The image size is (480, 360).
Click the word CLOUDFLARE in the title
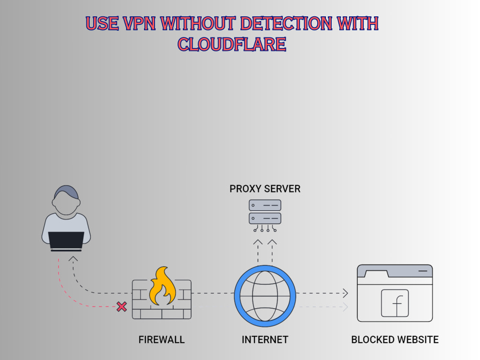pyautogui.click(x=232, y=44)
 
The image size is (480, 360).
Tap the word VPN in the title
pyautogui.click(x=139, y=23)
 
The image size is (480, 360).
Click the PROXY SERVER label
pyautogui.click(x=265, y=189)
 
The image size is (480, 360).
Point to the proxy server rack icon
pyautogui.click(x=265, y=212)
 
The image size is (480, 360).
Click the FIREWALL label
pyautogui.click(x=162, y=340)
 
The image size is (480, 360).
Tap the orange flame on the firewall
pyautogui.click(x=162, y=288)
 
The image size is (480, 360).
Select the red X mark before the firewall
pyautogui.click(x=122, y=306)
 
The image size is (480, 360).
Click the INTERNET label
pyautogui.click(x=265, y=340)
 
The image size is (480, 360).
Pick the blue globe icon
pyautogui.click(x=265, y=293)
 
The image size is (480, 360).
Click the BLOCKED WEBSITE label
pyautogui.click(x=395, y=340)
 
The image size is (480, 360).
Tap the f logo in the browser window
pyautogui.click(x=395, y=303)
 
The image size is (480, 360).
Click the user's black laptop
pyautogui.click(x=67, y=240)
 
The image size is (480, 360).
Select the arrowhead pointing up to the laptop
pyautogui.click(x=73, y=259)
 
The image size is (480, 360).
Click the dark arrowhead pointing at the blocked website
pyautogui.click(x=346, y=293)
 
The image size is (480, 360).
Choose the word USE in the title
pyautogui.click(x=102, y=23)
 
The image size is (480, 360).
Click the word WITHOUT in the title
pyautogui.click(x=199, y=23)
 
